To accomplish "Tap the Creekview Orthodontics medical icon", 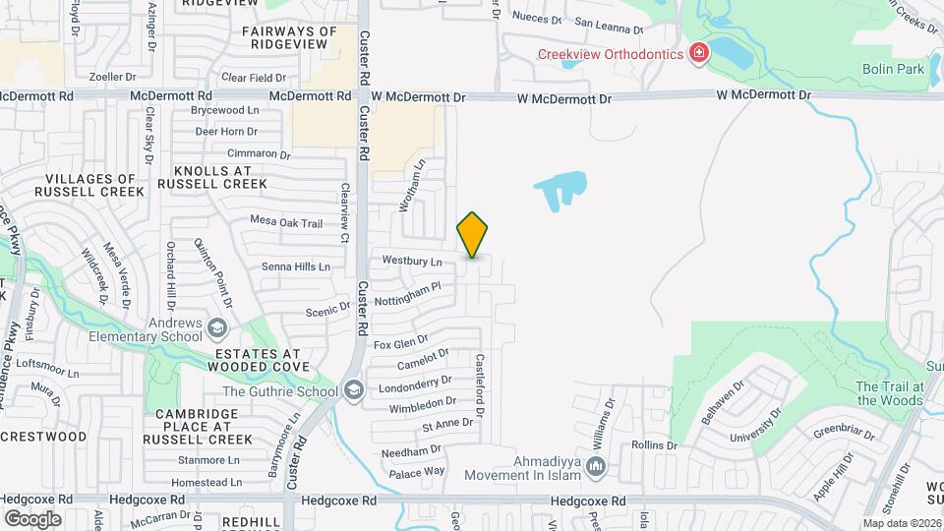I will click(699, 53).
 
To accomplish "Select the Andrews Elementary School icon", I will click(215, 327).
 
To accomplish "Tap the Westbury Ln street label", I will click(411, 262).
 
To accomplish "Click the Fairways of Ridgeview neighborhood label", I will click(289, 38).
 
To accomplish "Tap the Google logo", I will click(32, 518).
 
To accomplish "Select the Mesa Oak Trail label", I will click(286, 223).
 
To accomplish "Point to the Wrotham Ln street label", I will click(412, 187).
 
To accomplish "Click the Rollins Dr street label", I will click(655, 445).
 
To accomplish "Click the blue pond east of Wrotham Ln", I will click(560, 187).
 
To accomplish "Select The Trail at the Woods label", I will click(888, 393).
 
